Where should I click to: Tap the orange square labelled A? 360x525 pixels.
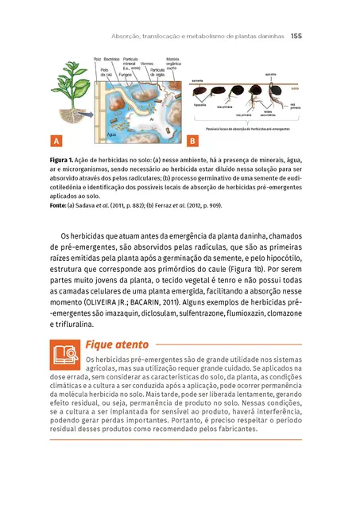pyautogui.click(x=56, y=142)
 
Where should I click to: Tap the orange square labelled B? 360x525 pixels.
pyautogui.click(x=192, y=142)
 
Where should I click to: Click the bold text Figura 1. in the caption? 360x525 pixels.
pyautogui.click(x=62, y=161)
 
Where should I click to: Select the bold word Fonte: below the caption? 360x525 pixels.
pyautogui.click(x=60, y=206)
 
